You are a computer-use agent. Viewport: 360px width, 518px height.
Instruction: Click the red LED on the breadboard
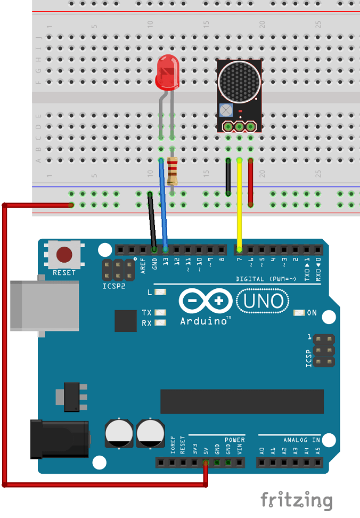[x=167, y=75]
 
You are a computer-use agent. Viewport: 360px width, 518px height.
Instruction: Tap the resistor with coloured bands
[x=172, y=171]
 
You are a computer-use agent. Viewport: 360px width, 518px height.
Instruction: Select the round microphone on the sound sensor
[x=239, y=83]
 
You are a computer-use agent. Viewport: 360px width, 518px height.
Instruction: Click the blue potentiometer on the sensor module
[x=226, y=110]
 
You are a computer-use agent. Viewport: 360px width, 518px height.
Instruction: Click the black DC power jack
[x=59, y=439]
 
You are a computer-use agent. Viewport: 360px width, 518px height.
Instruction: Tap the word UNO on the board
[x=264, y=301]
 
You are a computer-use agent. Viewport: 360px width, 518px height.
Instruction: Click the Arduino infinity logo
[x=205, y=301]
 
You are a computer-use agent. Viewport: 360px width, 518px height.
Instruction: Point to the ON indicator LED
[x=299, y=313]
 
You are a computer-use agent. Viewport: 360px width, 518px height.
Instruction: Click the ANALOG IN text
[x=301, y=440]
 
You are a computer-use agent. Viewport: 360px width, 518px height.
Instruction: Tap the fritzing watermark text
[x=296, y=501]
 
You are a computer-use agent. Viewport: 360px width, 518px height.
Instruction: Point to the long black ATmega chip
[x=242, y=401]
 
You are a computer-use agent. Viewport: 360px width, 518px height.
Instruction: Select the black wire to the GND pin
[x=152, y=221]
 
